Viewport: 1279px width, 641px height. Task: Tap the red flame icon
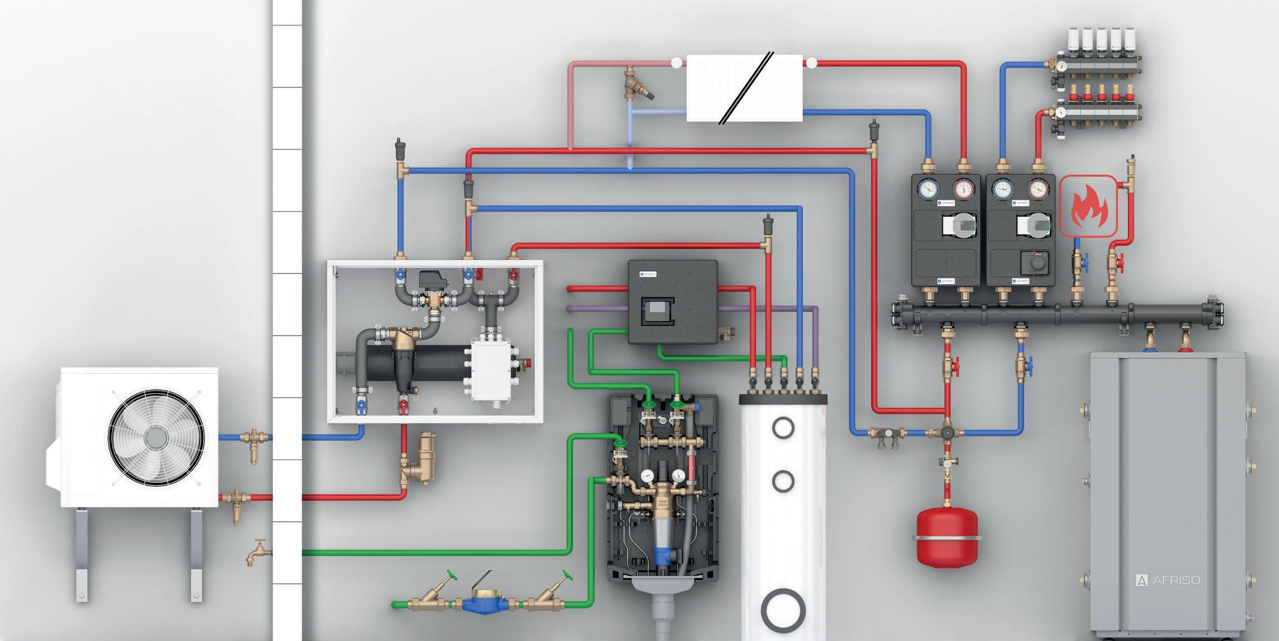(1088, 207)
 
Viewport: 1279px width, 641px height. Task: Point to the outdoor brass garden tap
(258, 551)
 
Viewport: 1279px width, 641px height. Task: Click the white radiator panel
(744, 88)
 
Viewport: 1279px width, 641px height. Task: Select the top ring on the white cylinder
(783, 428)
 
